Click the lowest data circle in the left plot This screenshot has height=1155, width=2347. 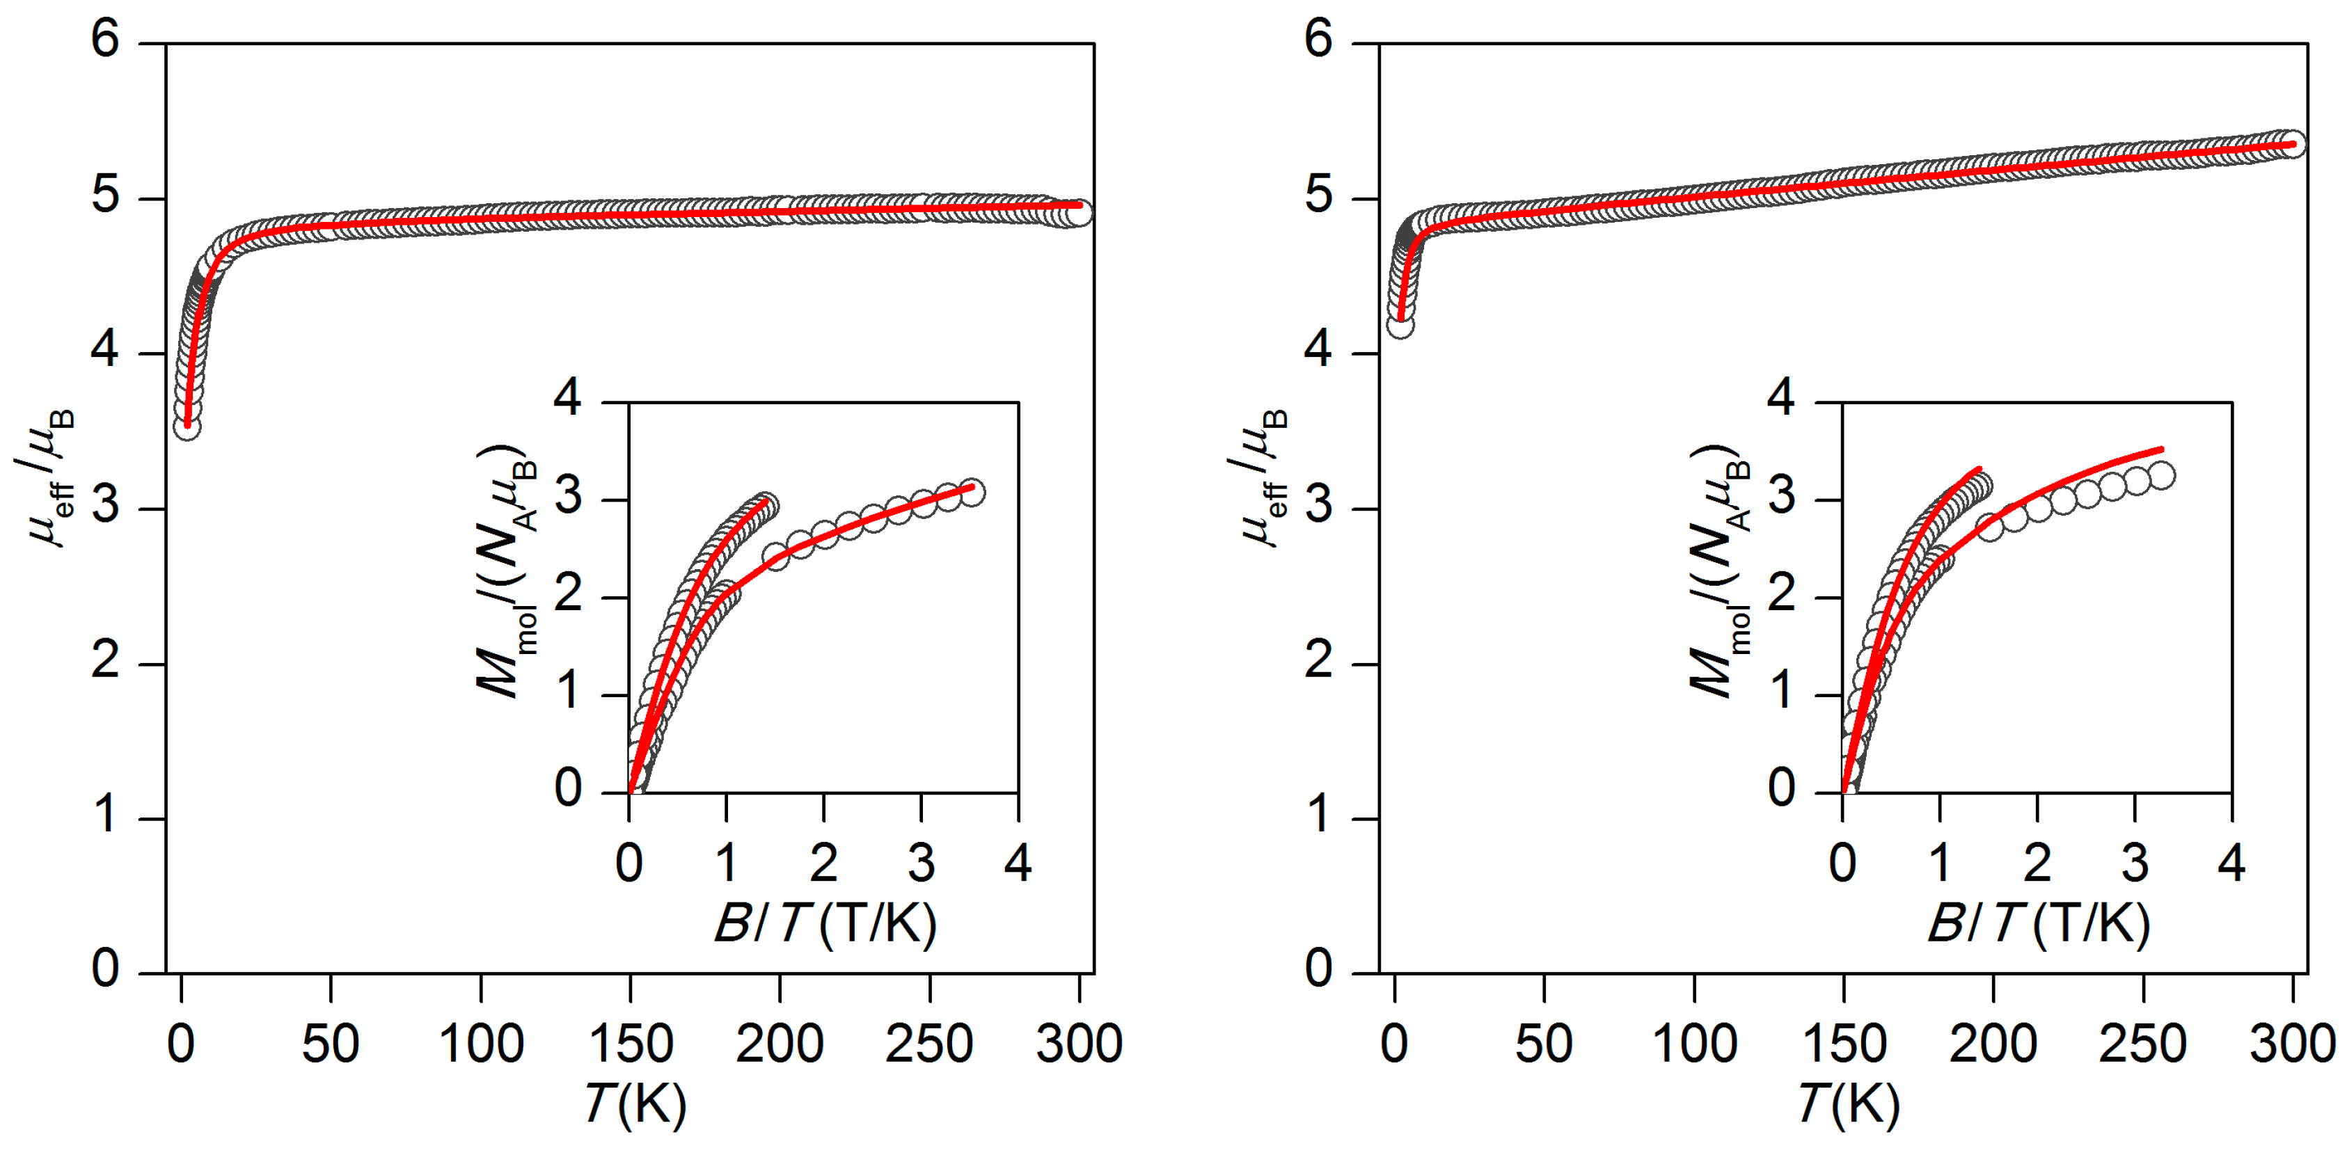point(187,427)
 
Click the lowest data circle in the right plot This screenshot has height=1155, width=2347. point(1400,325)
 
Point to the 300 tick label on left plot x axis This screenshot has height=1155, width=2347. point(1079,1044)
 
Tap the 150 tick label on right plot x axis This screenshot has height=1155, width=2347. point(1843,1044)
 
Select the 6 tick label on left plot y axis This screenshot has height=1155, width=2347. point(106,40)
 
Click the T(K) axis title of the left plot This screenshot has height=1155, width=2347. point(635,1105)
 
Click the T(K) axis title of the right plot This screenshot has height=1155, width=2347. point(1849,1105)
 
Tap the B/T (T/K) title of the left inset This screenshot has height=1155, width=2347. point(825,923)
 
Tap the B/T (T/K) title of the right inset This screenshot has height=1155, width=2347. point(2038,923)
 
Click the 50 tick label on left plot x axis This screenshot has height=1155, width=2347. point(330,1044)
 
